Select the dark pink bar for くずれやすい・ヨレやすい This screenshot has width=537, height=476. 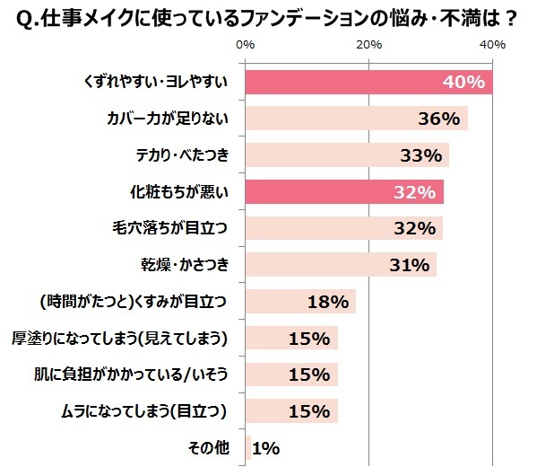coord(368,82)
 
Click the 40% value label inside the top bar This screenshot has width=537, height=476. coord(463,83)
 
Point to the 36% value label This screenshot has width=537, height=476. coord(439,119)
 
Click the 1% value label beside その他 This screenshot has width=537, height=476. coord(266,448)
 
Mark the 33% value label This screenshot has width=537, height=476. coord(420,156)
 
